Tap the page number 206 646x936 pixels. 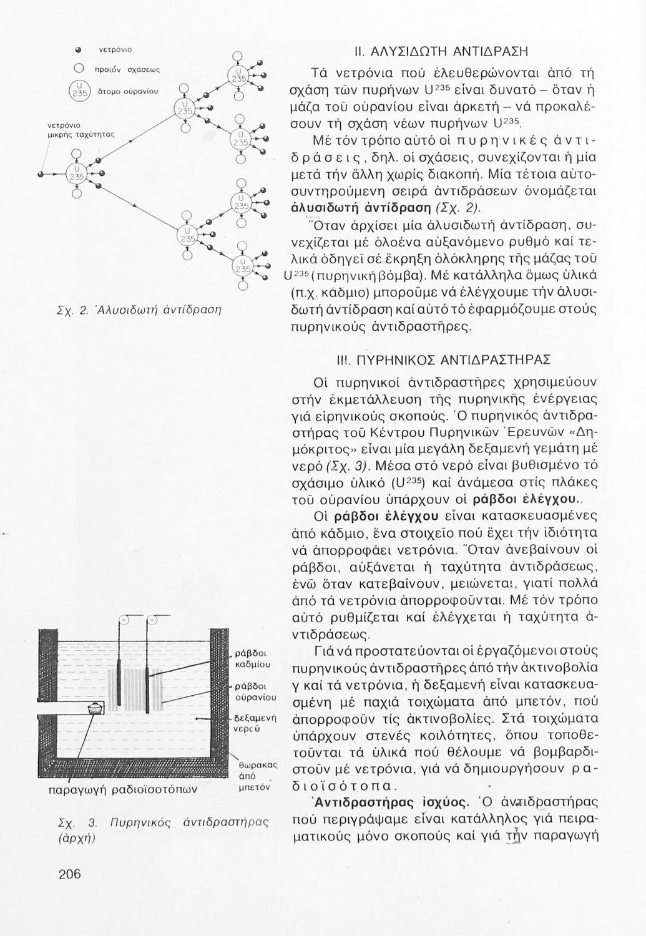tap(70, 874)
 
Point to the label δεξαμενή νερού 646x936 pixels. tap(255, 723)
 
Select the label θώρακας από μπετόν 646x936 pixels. tap(255, 776)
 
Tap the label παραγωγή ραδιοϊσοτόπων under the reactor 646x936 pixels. tap(123, 789)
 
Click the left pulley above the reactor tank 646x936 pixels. tap(124, 620)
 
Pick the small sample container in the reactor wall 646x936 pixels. tap(95, 709)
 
